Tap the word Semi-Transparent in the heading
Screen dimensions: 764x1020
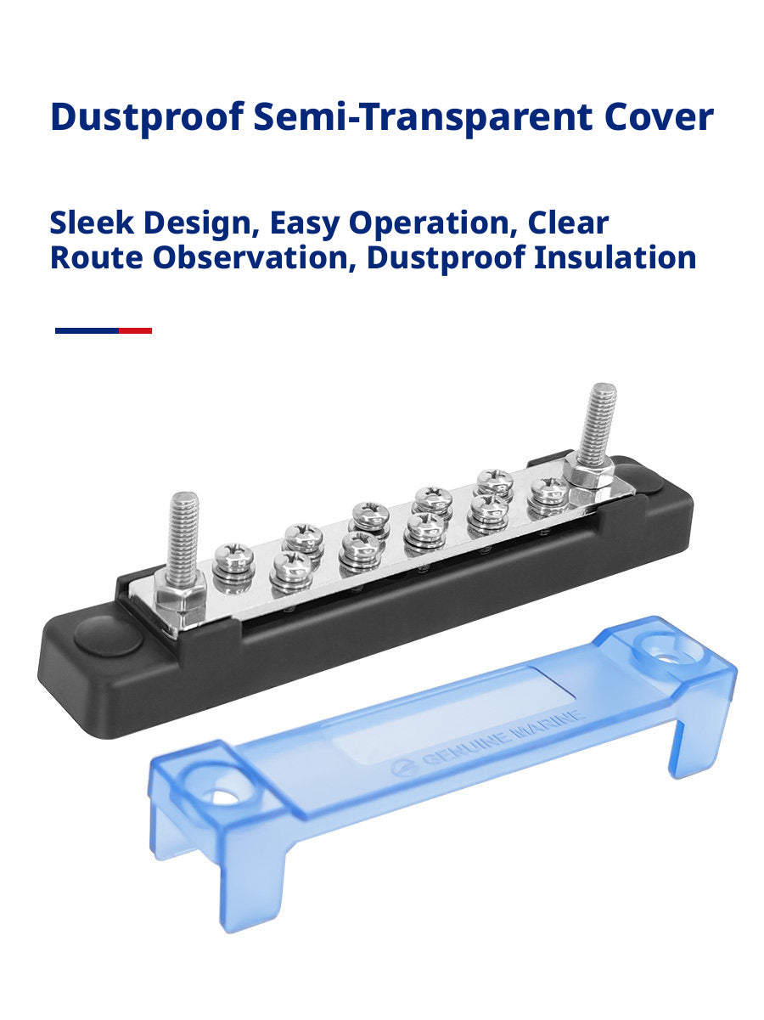pos(423,116)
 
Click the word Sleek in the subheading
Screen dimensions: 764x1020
pos(92,223)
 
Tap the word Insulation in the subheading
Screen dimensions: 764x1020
pos(615,257)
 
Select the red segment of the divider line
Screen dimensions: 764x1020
pos(135,330)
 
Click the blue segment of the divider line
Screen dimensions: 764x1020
pos(87,330)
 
